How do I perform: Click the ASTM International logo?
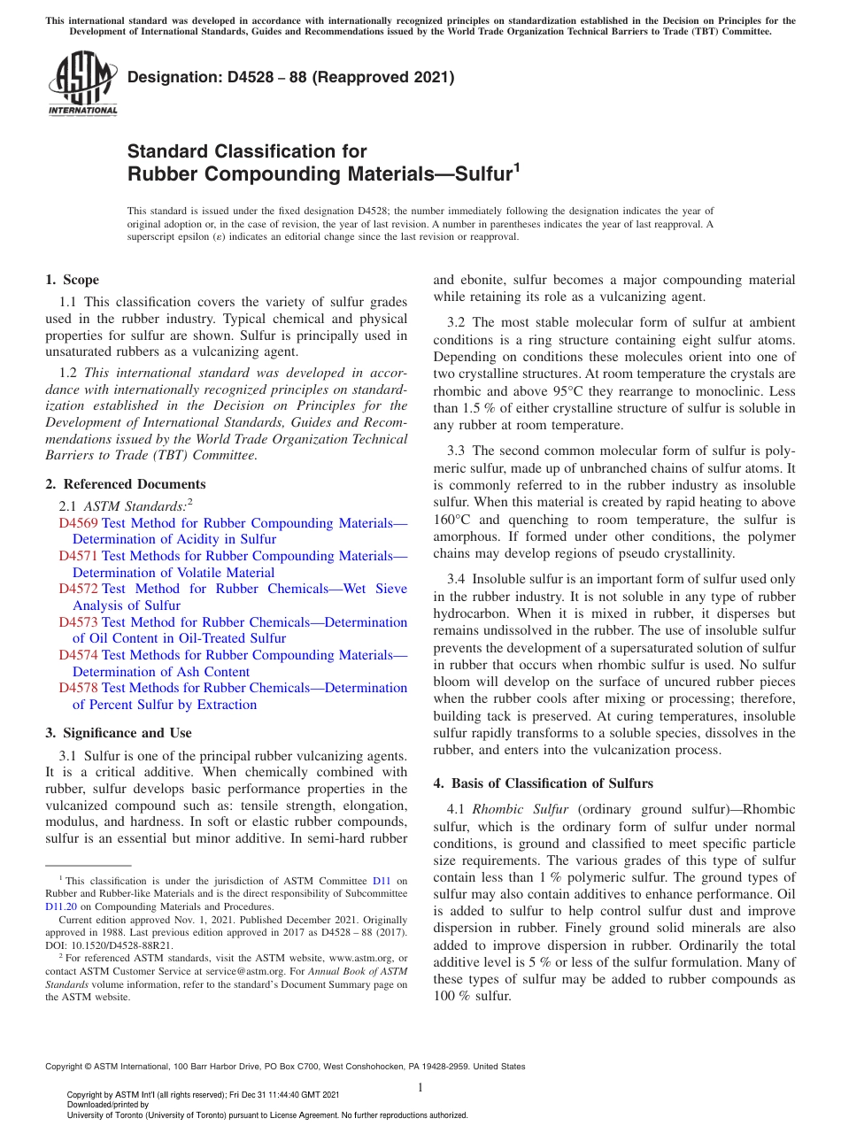pyautogui.click(x=82, y=83)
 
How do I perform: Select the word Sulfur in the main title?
pyautogui.click(x=482, y=174)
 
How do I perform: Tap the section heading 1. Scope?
pyautogui.click(x=72, y=280)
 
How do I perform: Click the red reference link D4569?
pyautogui.click(x=78, y=523)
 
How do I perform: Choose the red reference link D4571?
pyautogui.click(x=78, y=556)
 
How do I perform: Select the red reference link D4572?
pyautogui.click(x=78, y=589)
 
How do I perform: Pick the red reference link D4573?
pyautogui.click(x=78, y=622)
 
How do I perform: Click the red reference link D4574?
pyautogui.click(x=78, y=655)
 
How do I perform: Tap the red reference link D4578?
pyautogui.click(x=78, y=688)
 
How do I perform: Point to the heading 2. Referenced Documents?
pyautogui.click(x=125, y=484)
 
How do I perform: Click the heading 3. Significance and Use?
pyautogui.click(x=118, y=733)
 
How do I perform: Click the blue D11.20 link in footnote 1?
pyautogui.click(x=61, y=906)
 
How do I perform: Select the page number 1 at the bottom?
pyautogui.click(x=420, y=1087)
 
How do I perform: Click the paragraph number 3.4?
pyautogui.click(x=456, y=579)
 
